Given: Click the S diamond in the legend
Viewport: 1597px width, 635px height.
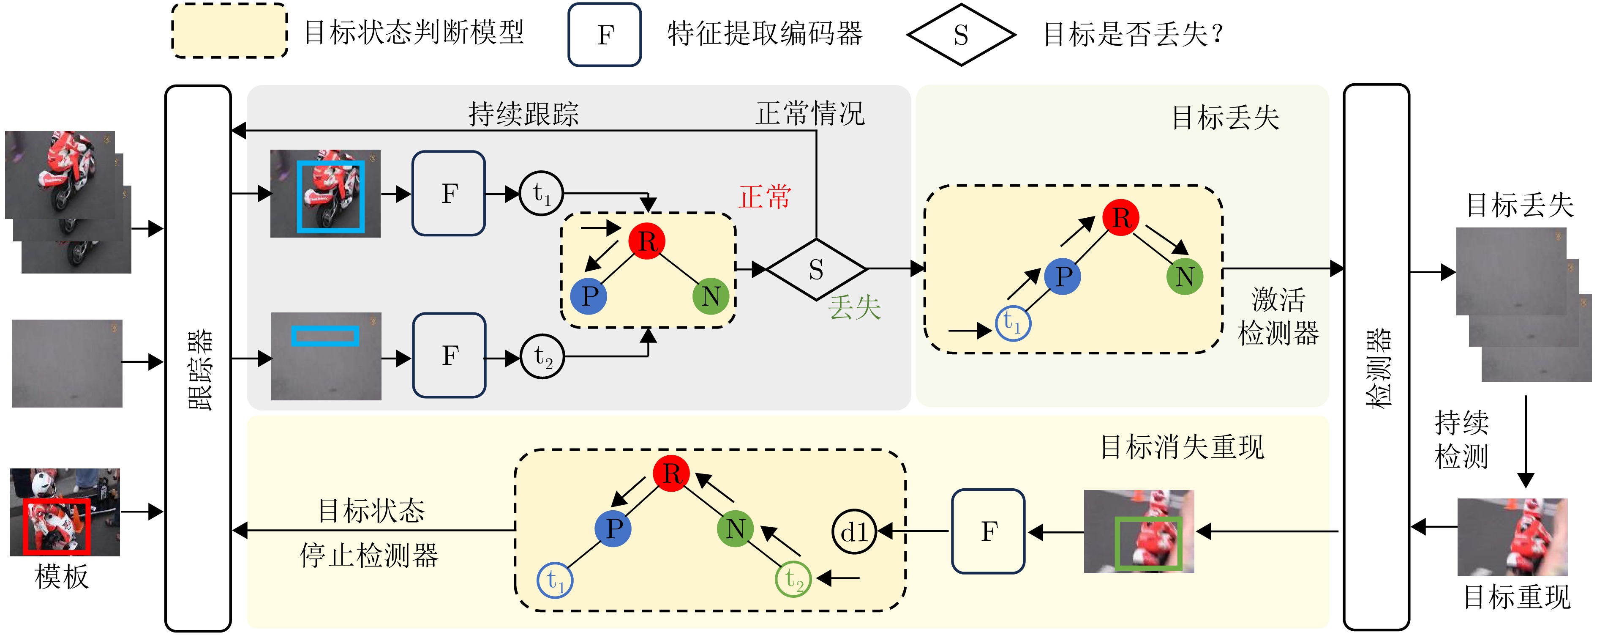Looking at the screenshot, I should (x=961, y=35).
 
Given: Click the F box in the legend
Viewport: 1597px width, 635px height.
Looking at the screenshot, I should (x=605, y=35).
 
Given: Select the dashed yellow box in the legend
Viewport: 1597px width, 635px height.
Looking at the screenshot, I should (x=229, y=31).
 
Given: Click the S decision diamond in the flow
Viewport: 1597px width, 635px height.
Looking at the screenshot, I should (x=816, y=269).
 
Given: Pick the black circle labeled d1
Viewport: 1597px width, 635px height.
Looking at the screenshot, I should (x=854, y=531).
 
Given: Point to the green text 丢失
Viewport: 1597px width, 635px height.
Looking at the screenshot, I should (x=854, y=307).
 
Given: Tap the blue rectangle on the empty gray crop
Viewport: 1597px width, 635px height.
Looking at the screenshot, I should (x=325, y=336).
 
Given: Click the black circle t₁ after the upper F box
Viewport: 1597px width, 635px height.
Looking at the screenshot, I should (x=541, y=194).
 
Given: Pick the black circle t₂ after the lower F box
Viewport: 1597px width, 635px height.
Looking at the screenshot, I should (x=542, y=356).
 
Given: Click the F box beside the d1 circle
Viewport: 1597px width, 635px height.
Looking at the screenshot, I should (x=988, y=531).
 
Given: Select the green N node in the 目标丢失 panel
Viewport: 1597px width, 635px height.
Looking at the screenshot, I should (x=1184, y=276).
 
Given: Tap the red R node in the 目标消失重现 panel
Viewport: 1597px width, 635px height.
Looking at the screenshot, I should (x=671, y=473).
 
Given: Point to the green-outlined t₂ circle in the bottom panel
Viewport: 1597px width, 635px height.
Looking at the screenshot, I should (x=793, y=579).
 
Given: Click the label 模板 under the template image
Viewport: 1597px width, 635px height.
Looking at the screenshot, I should (x=62, y=577).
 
